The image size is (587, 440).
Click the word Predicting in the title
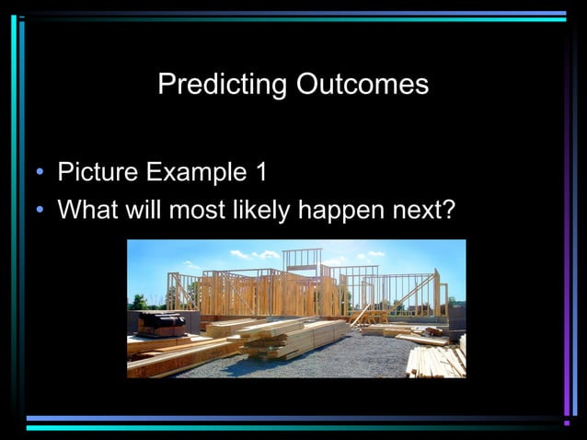coord(223,85)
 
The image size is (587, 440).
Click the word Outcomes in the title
coord(363,85)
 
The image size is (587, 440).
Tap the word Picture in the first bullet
coord(97,172)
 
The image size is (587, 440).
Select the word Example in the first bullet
coord(195,172)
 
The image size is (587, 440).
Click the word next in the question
coord(414,210)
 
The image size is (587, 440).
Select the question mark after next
coord(448,210)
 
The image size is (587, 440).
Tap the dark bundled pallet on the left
coord(161,323)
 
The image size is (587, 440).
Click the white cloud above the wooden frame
coord(255,254)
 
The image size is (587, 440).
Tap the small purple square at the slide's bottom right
coord(567,423)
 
